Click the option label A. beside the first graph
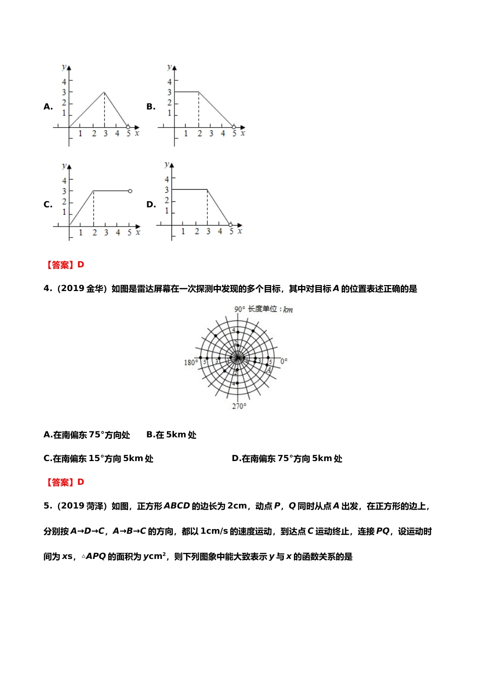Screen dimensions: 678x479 tap(48, 107)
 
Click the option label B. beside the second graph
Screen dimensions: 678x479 tap(151, 107)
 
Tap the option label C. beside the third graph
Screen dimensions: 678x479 tap(48, 204)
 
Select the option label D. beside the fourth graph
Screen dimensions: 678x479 tap(151, 204)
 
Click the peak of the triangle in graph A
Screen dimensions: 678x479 tap(104, 92)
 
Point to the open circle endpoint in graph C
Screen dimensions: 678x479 tap(130, 191)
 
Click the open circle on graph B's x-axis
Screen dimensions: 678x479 tap(233, 127)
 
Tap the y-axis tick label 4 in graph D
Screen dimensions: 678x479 tap(167, 179)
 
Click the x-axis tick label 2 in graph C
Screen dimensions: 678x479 tap(94, 233)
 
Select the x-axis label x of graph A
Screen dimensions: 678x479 tap(137, 133)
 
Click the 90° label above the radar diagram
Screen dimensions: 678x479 tap(239, 309)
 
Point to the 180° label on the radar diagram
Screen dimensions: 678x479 tap(190, 362)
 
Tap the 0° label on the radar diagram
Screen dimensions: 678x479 tap(284, 362)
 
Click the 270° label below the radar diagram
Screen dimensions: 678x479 tap(239, 406)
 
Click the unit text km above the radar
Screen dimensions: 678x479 tap(288, 309)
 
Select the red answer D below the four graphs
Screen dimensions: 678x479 tap(81, 265)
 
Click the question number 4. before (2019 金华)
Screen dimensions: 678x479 tap(48, 289)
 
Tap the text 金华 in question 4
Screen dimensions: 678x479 tap(95, 289)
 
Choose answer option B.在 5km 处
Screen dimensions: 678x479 tap(171, 435)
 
